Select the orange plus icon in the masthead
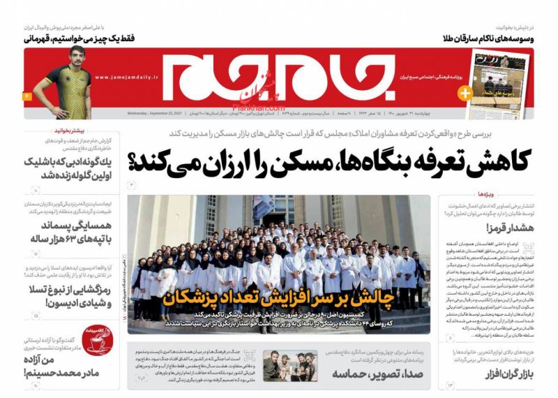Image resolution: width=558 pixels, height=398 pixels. tap(465, 92)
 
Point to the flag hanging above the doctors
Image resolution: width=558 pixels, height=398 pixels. tap(266, 207)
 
